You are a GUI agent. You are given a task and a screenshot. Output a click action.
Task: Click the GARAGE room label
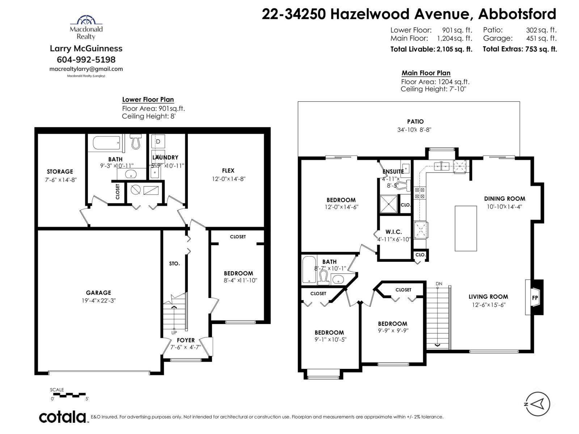coord(98,293)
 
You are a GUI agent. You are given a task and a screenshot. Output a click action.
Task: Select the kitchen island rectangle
coord(466,228)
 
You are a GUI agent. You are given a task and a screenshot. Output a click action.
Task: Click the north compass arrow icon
coord(538,404)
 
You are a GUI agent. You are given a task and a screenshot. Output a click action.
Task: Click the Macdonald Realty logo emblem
coord(86,20)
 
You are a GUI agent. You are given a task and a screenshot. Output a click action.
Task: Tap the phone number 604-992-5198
coord(86,59)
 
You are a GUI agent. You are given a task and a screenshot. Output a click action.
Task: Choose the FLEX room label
coord(228,170)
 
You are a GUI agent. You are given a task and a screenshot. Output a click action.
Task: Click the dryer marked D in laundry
coord(158,142)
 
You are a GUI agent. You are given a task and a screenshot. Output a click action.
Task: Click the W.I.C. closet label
coord(393,232)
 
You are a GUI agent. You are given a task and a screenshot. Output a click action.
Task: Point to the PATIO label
coord(415,122)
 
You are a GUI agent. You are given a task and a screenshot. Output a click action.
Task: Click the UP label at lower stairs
coord(174,332)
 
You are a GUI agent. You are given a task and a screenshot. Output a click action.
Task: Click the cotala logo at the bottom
coord(62,417)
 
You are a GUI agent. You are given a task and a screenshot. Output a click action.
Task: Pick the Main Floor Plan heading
coord(426,73)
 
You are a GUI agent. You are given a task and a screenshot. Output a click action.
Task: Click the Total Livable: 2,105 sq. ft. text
coord(431,49)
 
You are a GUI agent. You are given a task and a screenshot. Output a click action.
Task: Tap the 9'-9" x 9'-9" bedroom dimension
coord(393,330)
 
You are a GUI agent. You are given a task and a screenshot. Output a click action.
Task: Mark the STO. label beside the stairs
coord(174,264)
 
